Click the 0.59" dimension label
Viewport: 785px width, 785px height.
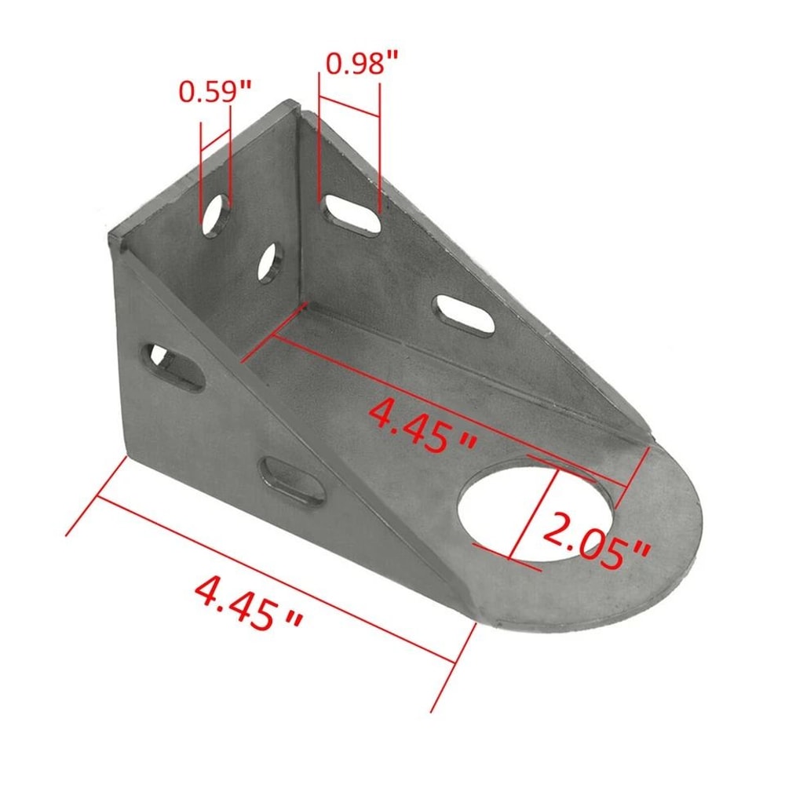[x=214, y=92]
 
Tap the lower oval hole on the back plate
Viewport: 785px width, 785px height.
[x=271, y=262]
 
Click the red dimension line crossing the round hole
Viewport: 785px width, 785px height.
[x=534, y=514]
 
